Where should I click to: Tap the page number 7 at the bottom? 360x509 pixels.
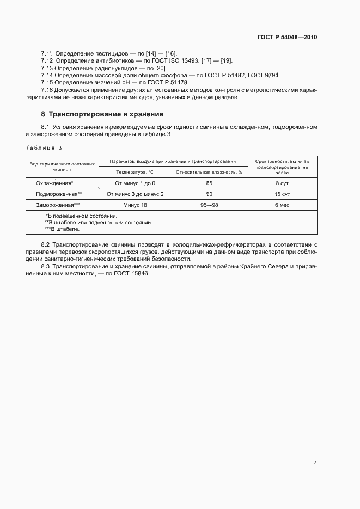click(315, 462)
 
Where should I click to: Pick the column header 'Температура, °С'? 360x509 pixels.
click(135, 172)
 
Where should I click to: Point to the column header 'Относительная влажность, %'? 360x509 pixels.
click(209, 172)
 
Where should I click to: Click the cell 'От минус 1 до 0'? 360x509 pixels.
click(135, 183)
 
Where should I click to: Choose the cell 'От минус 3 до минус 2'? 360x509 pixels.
click(135, 194)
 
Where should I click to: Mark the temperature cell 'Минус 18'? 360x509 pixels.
click(135, 205)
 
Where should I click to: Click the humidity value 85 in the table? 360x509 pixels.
click(209, 183)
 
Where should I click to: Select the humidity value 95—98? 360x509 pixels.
click(209, 205)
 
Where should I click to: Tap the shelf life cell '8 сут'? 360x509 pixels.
click(282, 183)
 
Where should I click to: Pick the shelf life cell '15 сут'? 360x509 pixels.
click(282, 194)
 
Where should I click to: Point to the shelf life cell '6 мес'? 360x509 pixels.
click(282, 205)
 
